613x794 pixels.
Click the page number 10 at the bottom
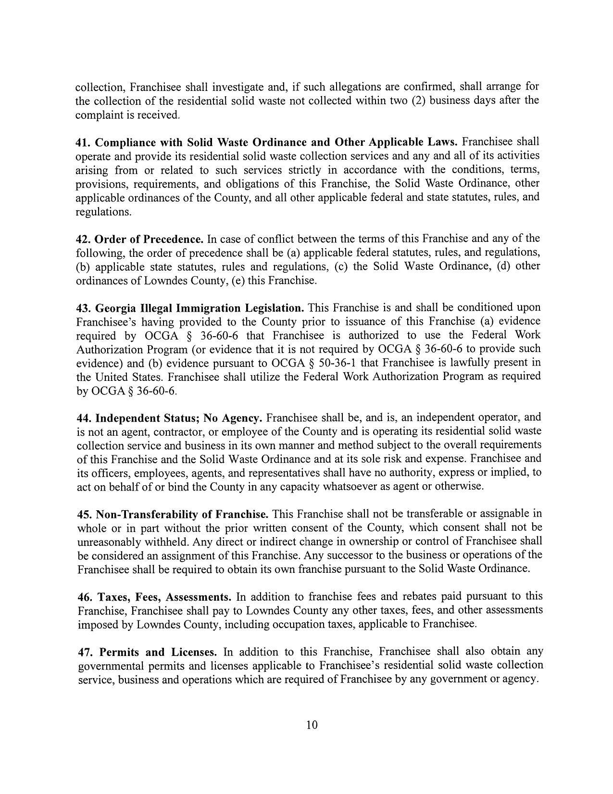312,725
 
